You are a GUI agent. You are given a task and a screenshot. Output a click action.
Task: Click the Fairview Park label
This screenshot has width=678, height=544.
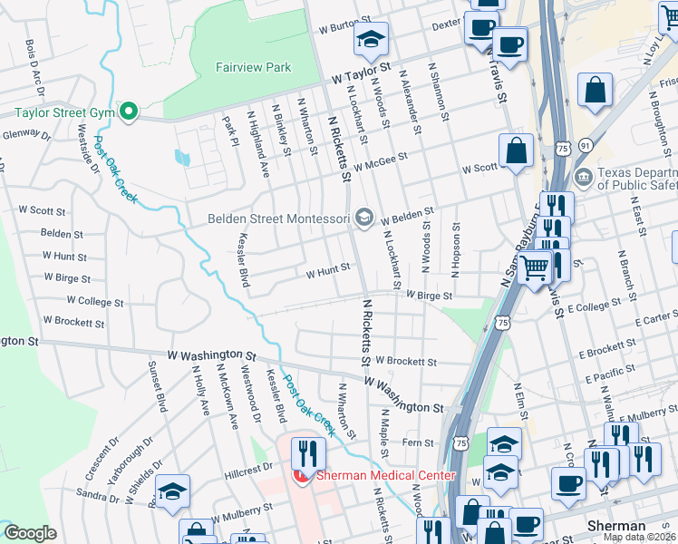[253, 67]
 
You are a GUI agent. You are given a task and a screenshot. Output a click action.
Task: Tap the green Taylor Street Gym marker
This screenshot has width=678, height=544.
[129, 112]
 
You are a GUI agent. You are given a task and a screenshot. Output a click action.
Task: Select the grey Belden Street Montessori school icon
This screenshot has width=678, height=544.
[364, 216]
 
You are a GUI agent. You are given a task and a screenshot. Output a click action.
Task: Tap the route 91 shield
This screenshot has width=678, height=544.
[586, 145]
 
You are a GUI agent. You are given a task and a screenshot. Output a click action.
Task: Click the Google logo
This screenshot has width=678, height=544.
[30, 533]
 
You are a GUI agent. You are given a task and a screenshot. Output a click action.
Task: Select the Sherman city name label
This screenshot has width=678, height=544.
[616, 526]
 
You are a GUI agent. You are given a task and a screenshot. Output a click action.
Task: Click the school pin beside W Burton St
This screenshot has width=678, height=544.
[371, 39]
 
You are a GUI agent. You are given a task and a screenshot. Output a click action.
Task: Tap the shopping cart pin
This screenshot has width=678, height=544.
[535, 267]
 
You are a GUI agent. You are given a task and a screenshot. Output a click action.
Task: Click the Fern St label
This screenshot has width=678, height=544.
[419, 442]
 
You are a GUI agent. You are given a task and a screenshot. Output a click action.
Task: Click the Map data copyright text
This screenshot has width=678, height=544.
[640, 537]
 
